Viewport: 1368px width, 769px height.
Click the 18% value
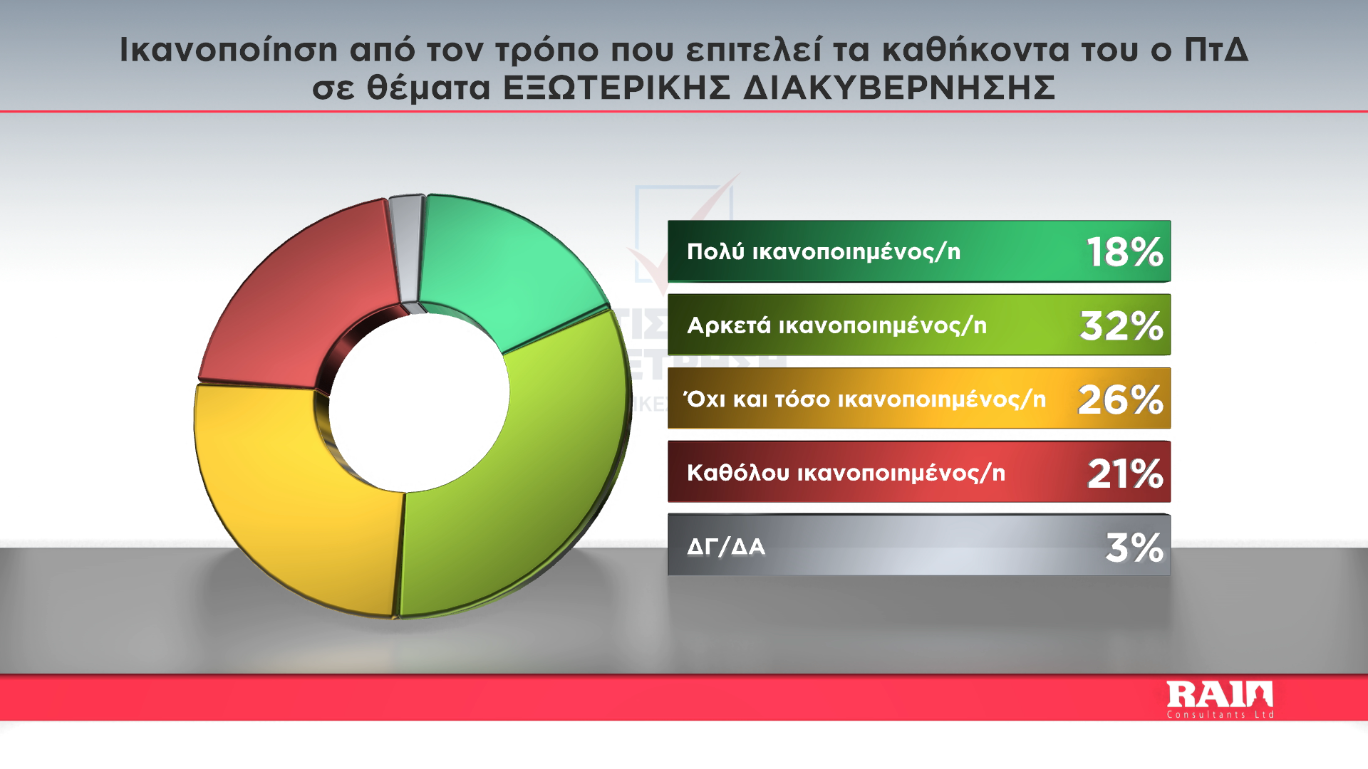(x=1125, y=252)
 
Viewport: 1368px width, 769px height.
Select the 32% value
(x=1121, y=325)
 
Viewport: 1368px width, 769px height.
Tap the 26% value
(x=1121, y=399)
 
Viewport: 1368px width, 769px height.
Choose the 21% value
(x=1125, y=474)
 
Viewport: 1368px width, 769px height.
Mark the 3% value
(x=1134, y=548)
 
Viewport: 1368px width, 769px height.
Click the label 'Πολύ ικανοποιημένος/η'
(x=824, y=252)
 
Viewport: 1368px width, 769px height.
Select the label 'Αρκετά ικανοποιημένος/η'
(x=837, y=325)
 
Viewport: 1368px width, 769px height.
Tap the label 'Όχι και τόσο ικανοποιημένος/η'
(x=864, y=399)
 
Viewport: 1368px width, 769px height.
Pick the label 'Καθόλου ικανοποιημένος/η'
(x=846, y=473)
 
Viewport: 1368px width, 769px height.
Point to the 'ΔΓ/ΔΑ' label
(x=726, y=547)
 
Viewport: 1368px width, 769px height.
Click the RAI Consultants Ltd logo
(x=1220, y=700)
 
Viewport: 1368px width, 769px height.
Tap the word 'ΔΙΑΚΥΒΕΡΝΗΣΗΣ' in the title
(x=899, y=88)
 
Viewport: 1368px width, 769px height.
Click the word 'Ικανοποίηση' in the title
(x=228, y=50)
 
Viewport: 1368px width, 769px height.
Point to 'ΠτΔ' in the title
(x=1216, y=49)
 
